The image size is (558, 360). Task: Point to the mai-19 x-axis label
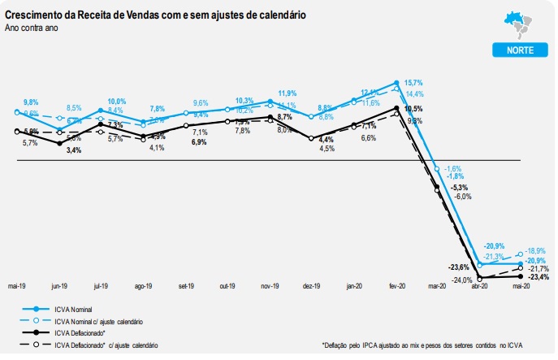coord(17,287)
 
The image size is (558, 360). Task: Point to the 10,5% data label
coord(413,109)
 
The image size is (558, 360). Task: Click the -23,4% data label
coord(539,277)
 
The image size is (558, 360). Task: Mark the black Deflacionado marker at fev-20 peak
coord(396,107)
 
